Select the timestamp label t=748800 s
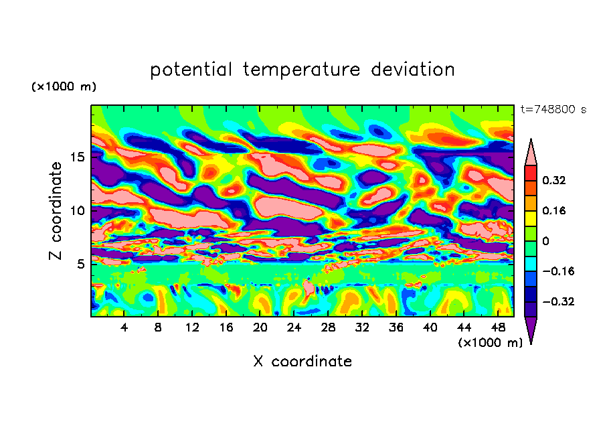[x=553, y=109]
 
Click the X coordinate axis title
[x=302, y=362]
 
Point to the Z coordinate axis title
[x=56, y=210]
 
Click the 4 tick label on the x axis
[x=124, y=328]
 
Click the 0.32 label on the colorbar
[x=555, y=180]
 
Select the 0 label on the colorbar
[x=545, y=240]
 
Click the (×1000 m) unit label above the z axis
[x=64, y=87]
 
